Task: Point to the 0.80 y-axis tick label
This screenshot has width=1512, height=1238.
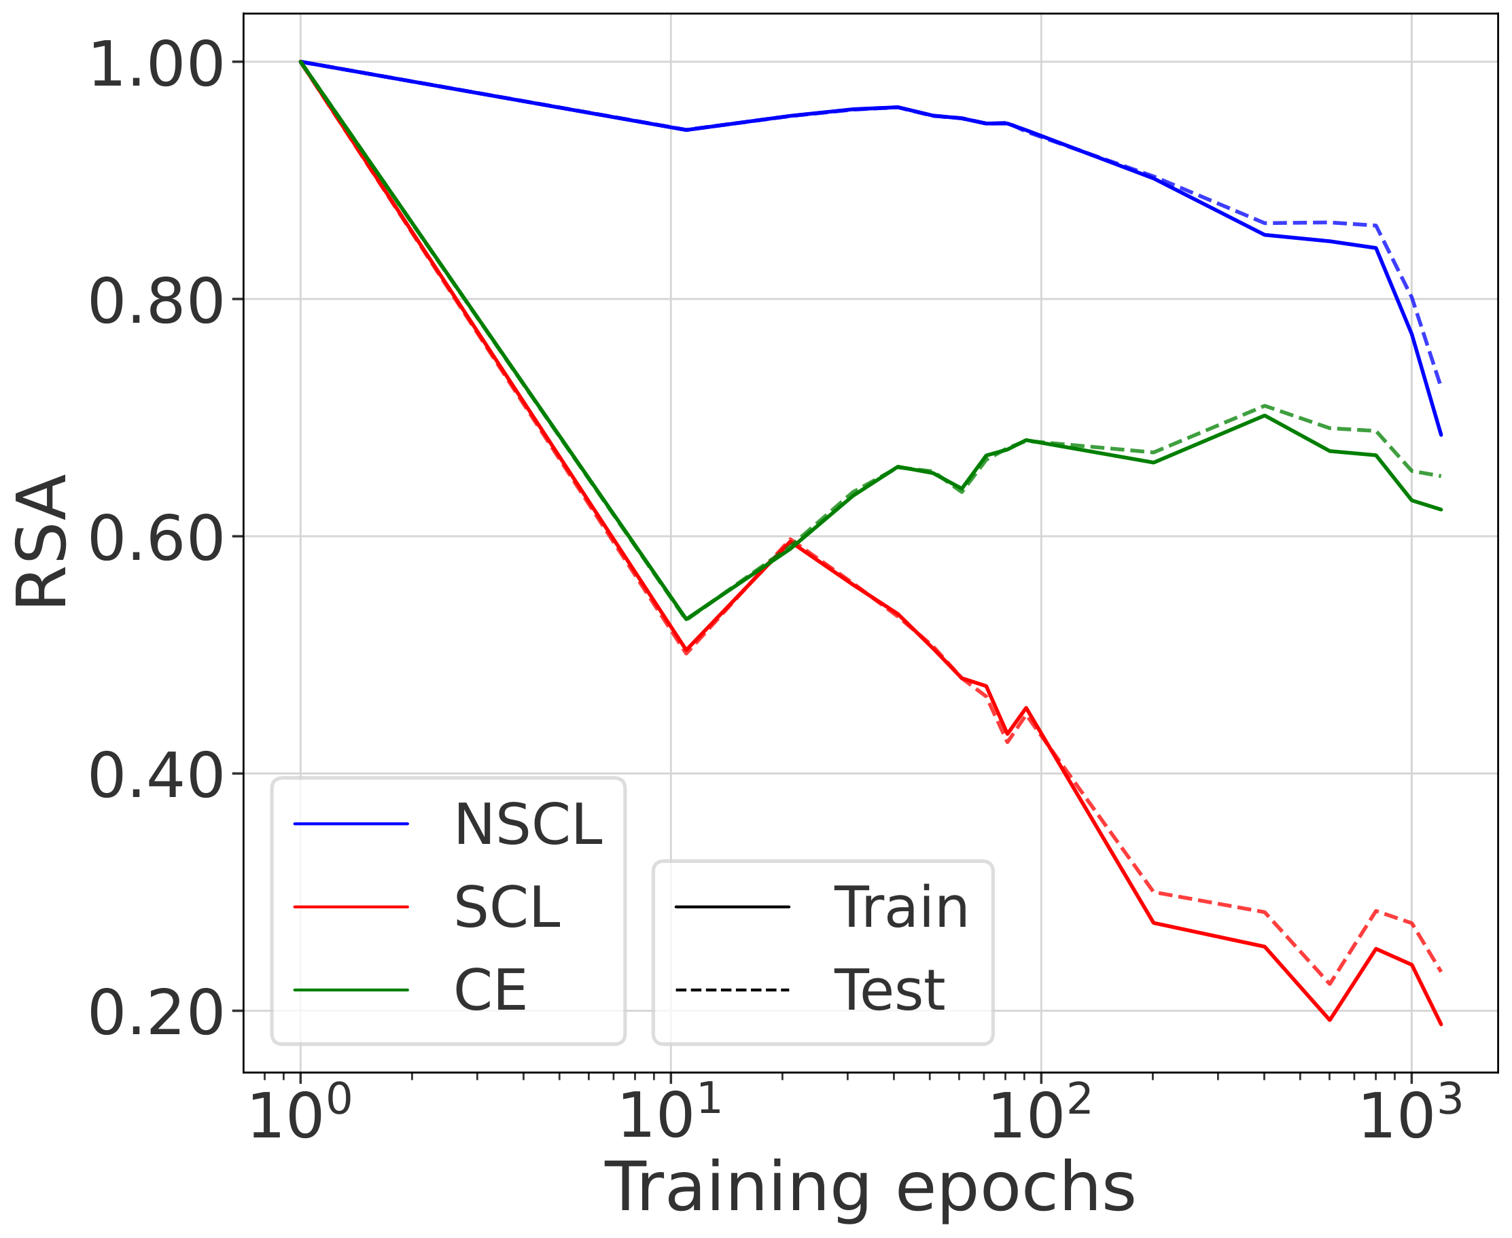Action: [156, 302]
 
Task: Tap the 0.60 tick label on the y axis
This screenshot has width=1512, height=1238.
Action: [156, 539]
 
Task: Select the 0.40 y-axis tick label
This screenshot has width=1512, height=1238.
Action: [156, 777]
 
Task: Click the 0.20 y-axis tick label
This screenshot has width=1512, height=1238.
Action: [156, 1013]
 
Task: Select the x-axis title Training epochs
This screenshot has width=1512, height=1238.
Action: [869, 1187]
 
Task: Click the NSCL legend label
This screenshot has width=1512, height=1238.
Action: [529, 824]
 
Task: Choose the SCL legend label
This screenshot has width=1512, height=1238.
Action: [507, 907]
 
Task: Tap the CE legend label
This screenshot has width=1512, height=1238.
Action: [490, 990]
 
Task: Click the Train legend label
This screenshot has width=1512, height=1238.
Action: [901, 907]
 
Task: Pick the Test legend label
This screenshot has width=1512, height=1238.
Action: [889, 990]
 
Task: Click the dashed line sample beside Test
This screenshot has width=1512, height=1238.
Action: [732, 990]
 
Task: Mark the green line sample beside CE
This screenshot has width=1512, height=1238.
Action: [351, 990]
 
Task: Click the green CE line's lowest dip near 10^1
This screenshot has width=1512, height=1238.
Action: [686, 618]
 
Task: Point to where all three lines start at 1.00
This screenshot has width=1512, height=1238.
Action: [301, 62]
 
